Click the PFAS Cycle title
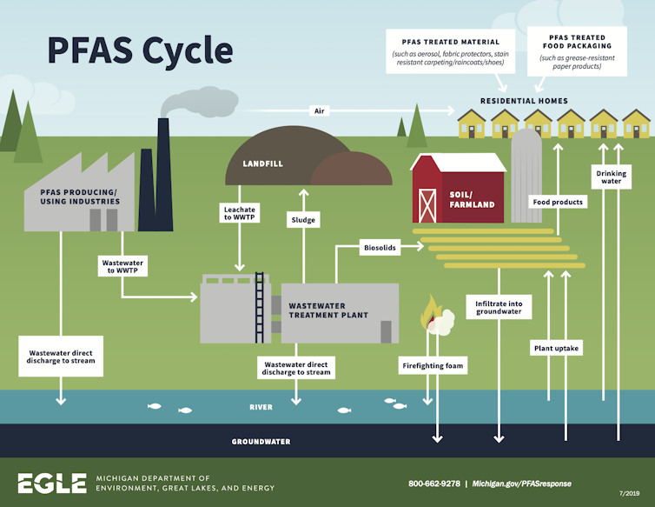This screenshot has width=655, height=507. [140, 50]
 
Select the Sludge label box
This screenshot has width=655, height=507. [301, 221]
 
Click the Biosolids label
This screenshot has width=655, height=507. [379, 248]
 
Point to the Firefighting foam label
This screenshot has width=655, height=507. [433, 366]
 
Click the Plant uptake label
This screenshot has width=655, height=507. [556, 348]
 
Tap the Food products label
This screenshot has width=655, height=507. [558, 202]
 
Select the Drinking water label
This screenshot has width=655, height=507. [611, 177]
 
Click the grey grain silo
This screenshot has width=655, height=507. [526, 174]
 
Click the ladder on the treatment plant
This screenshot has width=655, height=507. [259, 308]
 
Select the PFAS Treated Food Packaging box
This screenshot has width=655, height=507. [576, 51]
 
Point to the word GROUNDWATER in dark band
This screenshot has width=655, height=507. [261, 442]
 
